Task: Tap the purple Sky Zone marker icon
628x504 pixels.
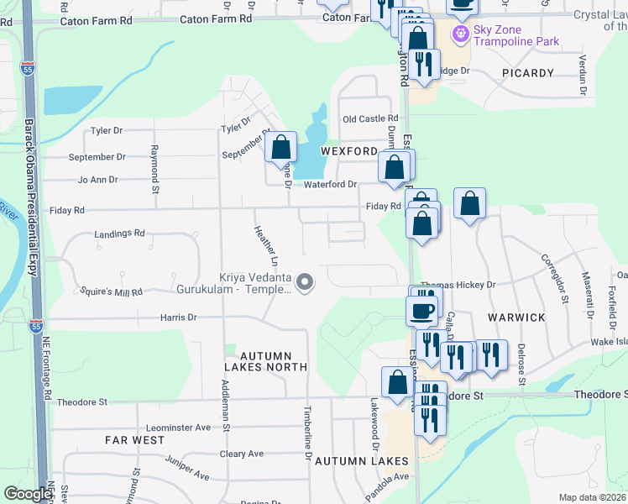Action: click(x=459, y=34)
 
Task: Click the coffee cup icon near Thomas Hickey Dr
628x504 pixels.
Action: click(x=421, y=311)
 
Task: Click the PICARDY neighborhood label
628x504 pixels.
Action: click(x=528, y=73)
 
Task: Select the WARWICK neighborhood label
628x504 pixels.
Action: click(x=516, y=318)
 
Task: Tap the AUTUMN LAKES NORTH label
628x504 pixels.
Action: click(x=263, y=361)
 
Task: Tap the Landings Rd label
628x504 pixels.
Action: click(x=119, y=234)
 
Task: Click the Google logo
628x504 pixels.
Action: click(x=29, y=494)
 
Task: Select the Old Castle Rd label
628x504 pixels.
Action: click(x=369, y=119)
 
